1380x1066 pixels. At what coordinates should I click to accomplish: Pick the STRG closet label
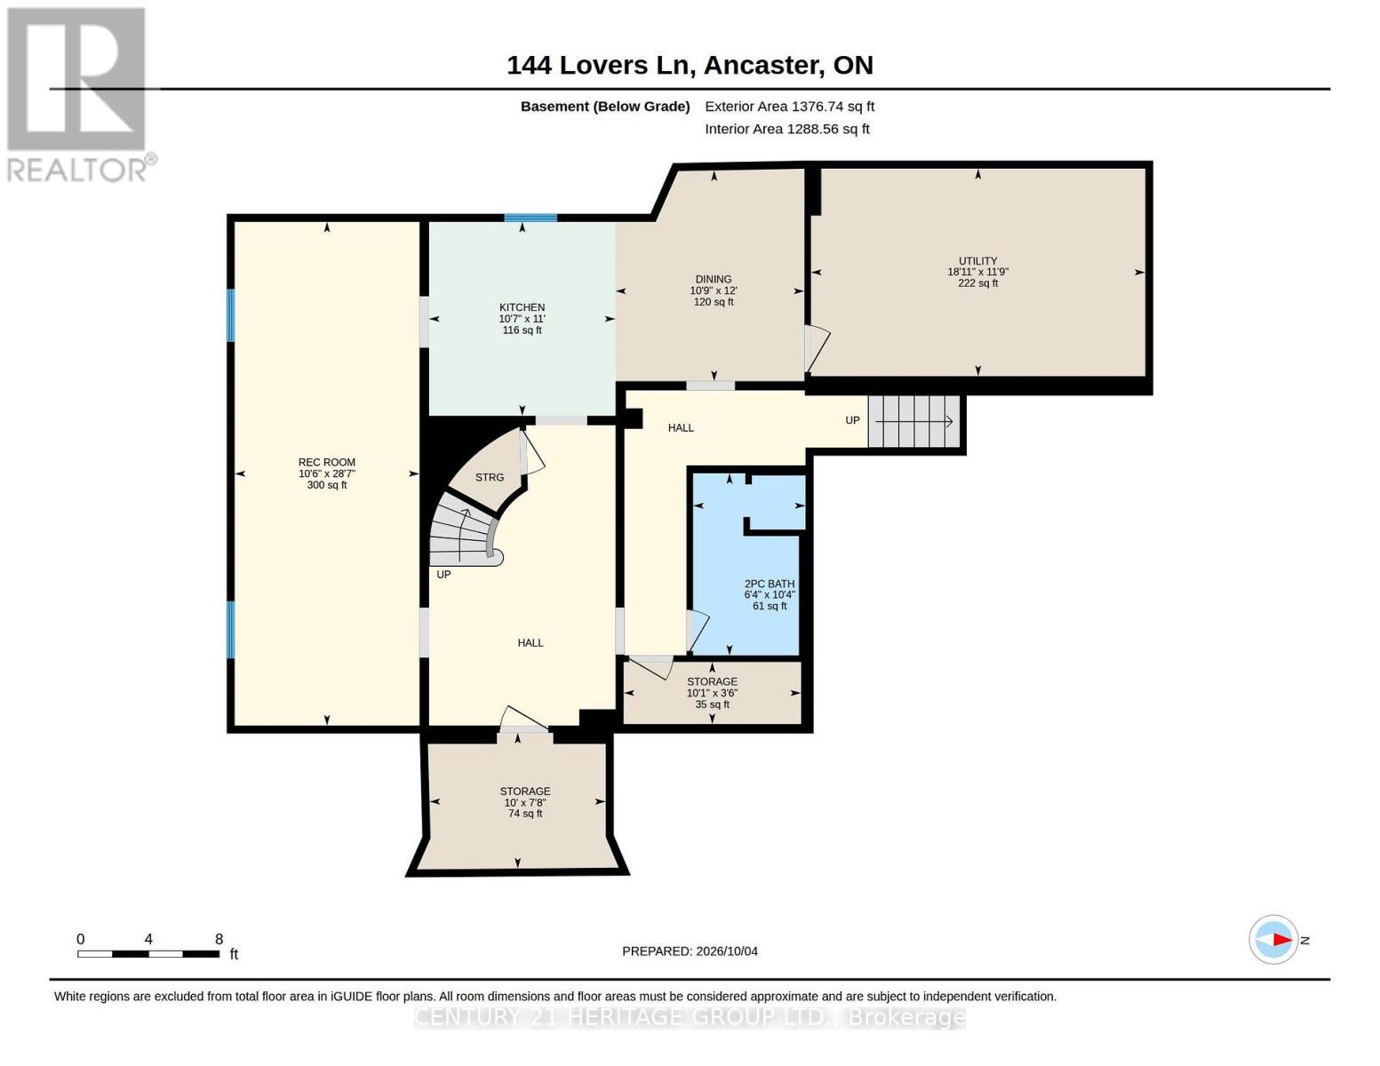490,477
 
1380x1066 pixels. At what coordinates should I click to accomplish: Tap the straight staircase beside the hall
913,421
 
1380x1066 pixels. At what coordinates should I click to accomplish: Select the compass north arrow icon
1273,940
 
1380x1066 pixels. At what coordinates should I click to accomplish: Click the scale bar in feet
148,953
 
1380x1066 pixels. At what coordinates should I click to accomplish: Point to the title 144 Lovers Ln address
690,66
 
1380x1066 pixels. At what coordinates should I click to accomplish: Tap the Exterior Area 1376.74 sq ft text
789,107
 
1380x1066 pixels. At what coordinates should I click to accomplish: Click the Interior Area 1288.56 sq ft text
786,129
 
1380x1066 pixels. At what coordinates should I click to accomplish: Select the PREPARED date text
690,951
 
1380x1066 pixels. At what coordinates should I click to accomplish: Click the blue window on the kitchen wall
530,218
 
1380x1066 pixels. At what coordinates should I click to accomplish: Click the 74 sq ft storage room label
525,802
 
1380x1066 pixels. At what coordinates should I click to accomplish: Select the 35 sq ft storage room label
712,693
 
